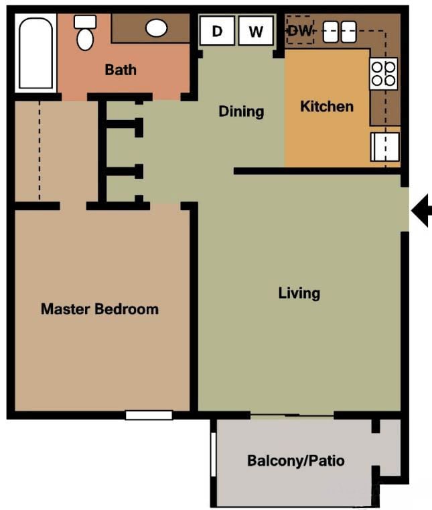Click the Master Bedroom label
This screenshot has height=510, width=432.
pyautogui.click(x=100, y=309)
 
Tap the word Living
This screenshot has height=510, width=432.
pyautogui.click(x=299, y=293)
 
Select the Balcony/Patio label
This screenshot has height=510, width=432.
pyautogui.click(x=295, y=461)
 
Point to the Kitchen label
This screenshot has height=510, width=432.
pyautogui.click(x=326, y=106)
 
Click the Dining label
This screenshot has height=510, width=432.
pyautogui.click(x=241, y=111)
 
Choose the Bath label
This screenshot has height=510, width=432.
pyautogui.click(x=121, y=69)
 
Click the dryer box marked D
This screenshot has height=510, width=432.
pyautogui.click(x=217, y=31)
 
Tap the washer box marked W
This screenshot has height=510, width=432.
pyautogui.click(x=256, y=31)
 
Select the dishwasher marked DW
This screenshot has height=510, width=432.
pyautogui.click(x=300, y=31)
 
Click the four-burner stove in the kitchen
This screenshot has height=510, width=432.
pyautogui.click(x=384, y=74)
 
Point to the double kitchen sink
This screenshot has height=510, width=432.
pyautogui.click(x=340, y=32)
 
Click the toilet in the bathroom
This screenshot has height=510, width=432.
pyautogui.click(x=85, y=34)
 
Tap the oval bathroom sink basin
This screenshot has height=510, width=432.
pyautogui.click(x=157, y=28)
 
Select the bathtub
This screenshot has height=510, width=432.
pyautogui.click(x=35, y=54)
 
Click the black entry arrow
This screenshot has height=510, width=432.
pyautogui.click(x=421, y=211)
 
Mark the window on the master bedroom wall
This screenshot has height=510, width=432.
pyautogui.click(x=149, y=415)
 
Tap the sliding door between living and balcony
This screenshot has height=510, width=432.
pyautogui.click(x=291, y=416)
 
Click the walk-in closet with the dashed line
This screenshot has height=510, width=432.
pyautogui.click(x=55, y=151)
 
